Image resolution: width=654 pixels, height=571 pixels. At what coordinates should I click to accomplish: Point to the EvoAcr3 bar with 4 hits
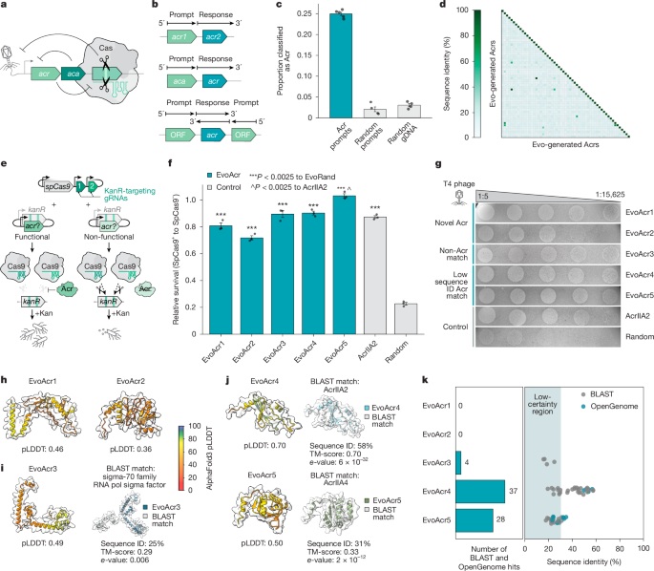tap(459, 457)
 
